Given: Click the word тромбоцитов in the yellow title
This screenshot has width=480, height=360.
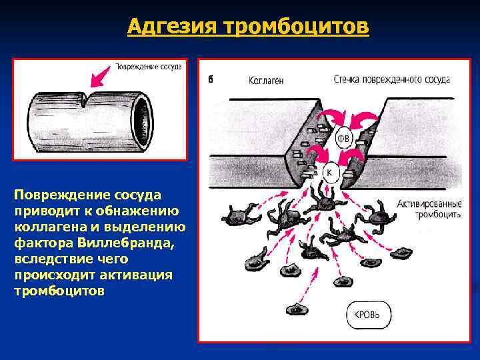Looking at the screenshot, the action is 297,26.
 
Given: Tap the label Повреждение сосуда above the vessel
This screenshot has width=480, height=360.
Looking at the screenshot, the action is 148,67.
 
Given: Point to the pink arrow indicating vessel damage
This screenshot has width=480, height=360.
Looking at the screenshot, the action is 100,77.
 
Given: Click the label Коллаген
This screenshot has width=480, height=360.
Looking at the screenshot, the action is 266,81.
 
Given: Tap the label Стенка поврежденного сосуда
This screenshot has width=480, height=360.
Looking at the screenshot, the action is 392,79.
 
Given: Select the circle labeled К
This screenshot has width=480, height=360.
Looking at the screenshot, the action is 331,173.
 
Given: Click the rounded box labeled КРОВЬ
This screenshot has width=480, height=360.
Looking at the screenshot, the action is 369,315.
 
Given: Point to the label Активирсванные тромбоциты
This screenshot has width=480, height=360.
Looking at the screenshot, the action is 429,209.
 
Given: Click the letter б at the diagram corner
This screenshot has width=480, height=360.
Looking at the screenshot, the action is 211,79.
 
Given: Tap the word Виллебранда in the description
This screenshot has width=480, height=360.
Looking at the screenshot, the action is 125,243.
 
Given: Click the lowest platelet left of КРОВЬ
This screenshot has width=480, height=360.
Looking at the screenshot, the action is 296,309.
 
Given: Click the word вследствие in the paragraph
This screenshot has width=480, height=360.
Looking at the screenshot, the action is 49,259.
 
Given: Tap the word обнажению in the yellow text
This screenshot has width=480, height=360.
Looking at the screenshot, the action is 137,211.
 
